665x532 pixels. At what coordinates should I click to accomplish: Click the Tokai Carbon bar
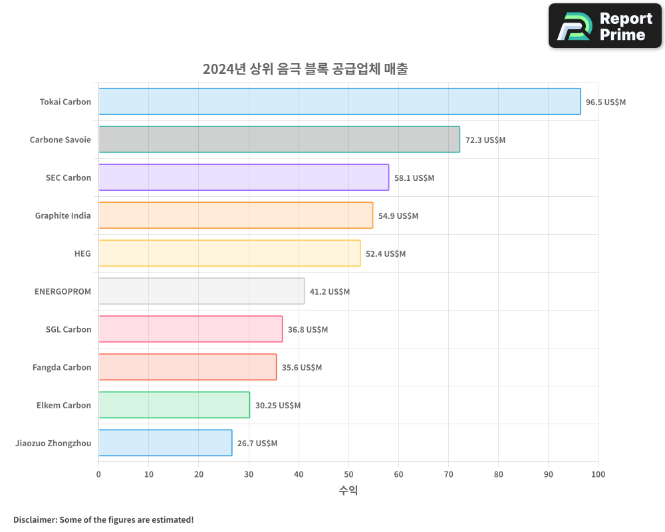pos(339,102)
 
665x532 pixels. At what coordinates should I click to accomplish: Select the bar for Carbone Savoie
pos(279,140)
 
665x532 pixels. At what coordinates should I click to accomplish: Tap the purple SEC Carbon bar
pos(243,178)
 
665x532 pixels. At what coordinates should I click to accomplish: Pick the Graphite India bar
pos(235,215)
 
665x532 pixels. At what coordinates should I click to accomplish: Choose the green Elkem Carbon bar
pos(174,405)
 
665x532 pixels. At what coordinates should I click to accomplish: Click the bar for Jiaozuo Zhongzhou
pos(165,443)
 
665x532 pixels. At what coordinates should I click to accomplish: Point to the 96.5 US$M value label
pos(606,102)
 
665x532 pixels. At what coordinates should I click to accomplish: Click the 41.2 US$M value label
pos(330,292)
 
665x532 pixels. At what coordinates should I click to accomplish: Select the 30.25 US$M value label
pos(278,406)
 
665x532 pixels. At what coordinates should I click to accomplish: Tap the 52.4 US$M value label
pos(386,254)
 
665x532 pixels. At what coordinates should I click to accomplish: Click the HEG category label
pos(82,253)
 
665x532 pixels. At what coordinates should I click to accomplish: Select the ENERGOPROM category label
pos(63,291)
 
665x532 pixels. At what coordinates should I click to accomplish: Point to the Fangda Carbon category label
pos(62,367)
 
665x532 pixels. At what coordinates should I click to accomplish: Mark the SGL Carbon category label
pos(68,329)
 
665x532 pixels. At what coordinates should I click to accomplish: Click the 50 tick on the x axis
pos(348,474)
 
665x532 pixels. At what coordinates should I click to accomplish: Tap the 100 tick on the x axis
pos(598,474)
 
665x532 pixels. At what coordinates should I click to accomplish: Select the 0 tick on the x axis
pos(98,474)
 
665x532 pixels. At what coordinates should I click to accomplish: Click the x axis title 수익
pos(348,491)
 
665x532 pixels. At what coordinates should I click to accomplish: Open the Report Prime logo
pos(604,26)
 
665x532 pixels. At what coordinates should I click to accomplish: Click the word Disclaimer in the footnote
pos(34,519)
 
